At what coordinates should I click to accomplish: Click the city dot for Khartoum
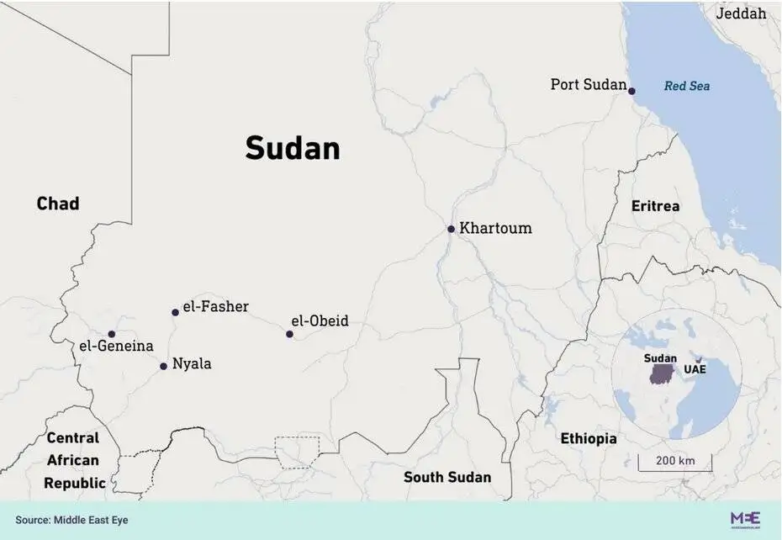coord(451,229)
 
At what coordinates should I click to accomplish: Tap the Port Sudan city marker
coord(631,91)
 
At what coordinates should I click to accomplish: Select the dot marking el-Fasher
coord(175,312)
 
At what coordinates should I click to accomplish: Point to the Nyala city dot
coord(163,366)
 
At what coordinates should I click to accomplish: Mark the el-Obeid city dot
coord(289,334)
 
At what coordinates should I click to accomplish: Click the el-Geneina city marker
coord(111,334)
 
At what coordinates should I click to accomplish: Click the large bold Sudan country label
coord(293,148)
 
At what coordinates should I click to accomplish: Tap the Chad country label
coord(58,204)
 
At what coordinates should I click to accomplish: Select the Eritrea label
coord(656,206)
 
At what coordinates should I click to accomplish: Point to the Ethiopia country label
coord(589,438)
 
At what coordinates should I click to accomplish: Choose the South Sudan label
coord(446,477)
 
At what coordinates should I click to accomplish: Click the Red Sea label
coord(687,86)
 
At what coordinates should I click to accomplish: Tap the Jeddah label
coord(741,13)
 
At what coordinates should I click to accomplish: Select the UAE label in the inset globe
coord(695,370)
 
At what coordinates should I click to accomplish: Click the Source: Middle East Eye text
coord(71,521)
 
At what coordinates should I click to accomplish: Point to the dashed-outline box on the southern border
coord(297,452)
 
